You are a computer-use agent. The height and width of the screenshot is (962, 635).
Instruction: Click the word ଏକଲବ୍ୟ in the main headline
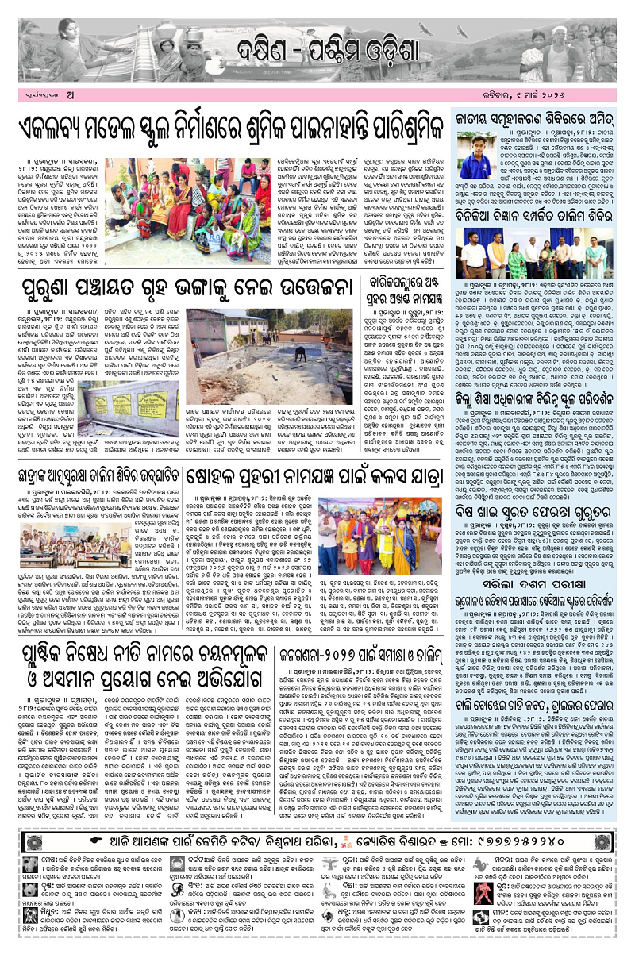point(63,129)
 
